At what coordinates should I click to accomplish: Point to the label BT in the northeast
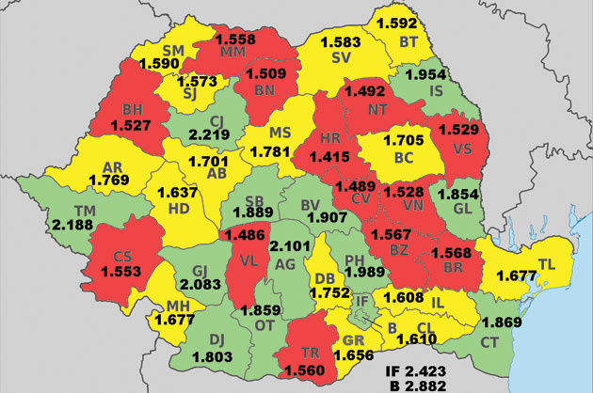(409, 41)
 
